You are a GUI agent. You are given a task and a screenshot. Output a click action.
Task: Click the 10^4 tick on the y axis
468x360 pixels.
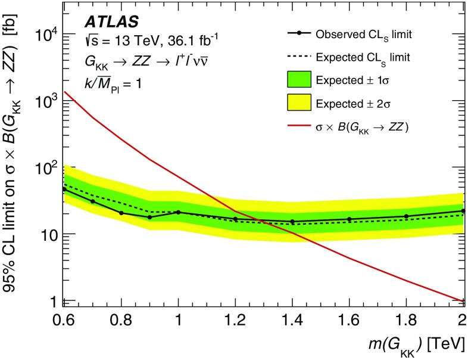44,35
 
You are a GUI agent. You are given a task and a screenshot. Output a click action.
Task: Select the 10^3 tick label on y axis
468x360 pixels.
44,101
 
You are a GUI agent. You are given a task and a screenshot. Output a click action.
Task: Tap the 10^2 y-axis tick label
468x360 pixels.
44,167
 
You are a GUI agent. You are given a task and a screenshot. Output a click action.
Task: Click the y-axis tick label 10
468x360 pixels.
46,234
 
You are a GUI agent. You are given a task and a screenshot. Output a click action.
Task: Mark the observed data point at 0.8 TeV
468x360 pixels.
121,213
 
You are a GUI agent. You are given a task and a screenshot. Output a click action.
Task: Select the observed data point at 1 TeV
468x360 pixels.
178,212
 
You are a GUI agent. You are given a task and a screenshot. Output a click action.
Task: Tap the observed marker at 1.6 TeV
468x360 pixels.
350,219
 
